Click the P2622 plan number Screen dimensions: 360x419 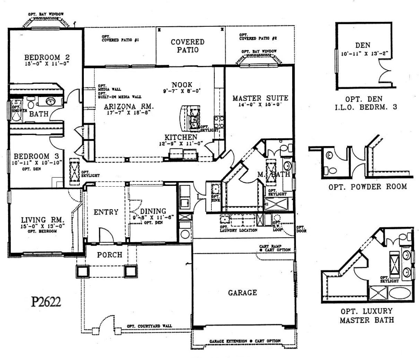click(46, 302)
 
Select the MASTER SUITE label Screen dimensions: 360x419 click(260, 98)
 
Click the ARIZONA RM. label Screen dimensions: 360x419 click(129, 106)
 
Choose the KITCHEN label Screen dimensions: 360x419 click(181, 137)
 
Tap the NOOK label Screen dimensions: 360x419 click(182, 85)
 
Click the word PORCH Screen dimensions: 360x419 click(110, 255)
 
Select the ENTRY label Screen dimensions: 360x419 click(106, 212)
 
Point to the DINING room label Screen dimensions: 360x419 click(153, 211)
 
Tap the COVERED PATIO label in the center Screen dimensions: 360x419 click(188, 46)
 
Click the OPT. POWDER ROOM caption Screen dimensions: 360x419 click(367, 187)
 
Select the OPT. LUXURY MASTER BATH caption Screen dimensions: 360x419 click(367, 316)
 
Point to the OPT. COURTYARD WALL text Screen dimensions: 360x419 click(149, 326)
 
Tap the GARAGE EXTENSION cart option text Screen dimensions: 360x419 click(245, 341)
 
